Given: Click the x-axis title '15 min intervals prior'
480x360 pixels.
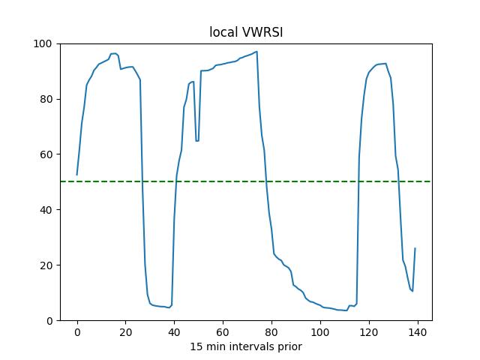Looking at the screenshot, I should coord(245,346).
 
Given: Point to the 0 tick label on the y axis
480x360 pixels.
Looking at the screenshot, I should coord(49,321).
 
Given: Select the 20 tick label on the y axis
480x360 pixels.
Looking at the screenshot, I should coord(46,265).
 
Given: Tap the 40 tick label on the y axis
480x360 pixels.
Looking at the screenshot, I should coord(46,210).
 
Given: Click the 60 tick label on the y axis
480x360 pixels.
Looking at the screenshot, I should coord(46,154).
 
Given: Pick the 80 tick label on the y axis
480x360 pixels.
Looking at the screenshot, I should coord(46,99).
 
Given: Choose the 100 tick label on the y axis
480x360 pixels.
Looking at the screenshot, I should coord(44,43).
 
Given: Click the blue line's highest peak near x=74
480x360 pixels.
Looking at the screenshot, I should coord(256,52).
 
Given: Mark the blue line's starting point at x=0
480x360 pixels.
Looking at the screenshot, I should coord(77,175).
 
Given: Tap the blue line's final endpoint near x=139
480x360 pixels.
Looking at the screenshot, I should coord(415,248).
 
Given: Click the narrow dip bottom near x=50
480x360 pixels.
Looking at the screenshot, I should coord(197,140).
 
